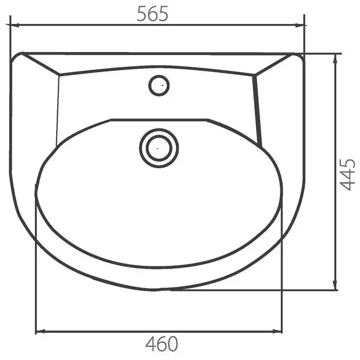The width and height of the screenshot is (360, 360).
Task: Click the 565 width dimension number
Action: [152, 14]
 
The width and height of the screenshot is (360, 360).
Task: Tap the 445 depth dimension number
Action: [347, 175]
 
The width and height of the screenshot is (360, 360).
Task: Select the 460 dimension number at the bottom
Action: [162, 344]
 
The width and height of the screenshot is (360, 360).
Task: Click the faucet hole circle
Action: [159, 85]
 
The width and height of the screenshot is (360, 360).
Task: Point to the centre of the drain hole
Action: [159, 148]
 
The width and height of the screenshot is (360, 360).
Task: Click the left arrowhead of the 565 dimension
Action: [14, 25]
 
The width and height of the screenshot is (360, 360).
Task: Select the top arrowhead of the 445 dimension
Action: [336, 59]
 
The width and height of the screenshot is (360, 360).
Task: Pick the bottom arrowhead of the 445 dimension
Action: [335, 285]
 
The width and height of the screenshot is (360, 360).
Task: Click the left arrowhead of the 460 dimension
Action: [41, 331]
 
